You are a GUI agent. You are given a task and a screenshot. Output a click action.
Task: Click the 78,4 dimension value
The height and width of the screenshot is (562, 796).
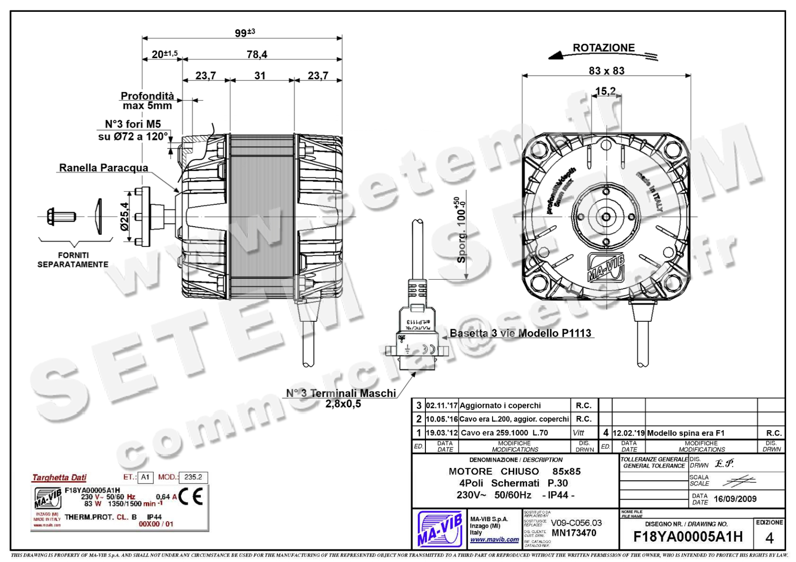pyautogui.click(x=257, y=54)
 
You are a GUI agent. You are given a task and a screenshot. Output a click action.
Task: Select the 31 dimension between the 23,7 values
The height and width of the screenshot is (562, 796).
pyautogui.click(x=260, y=76)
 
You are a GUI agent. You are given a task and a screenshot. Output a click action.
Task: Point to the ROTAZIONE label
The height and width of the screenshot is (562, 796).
pyautogui.click(x=603, y=48)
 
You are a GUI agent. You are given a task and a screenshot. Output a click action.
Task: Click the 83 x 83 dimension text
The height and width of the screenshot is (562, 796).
pyautogui.click(x=606, y=71)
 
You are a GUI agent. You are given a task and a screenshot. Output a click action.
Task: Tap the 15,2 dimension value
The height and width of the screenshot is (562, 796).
pyautogui.click(x=606, y=91)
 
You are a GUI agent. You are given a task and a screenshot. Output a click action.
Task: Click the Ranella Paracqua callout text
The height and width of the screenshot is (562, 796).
pyautogui.click(x=103, y=168)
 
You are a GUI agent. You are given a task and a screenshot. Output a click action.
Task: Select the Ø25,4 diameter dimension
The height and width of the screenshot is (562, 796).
pyautogui.click(x=124, y=216)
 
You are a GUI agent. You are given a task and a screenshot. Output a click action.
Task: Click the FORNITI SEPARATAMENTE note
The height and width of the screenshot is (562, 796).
pyautogui.click(x=73, y=260)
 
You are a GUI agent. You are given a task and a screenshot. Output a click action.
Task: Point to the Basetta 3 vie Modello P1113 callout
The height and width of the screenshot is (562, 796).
pyautogui.click(x=520, y=333)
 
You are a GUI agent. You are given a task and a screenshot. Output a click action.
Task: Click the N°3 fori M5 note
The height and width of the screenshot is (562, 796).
pyautogui.click(x=133, y=124)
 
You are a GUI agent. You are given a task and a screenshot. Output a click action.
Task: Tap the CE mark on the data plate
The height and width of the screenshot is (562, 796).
pyautogui.click(x=190, y=497)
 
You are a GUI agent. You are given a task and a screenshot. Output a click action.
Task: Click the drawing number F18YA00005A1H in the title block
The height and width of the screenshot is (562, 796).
pyautogui.click(x=688, y=537)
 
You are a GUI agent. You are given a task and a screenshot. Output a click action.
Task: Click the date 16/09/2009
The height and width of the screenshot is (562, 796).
pyautogui.click(x=735, y=499)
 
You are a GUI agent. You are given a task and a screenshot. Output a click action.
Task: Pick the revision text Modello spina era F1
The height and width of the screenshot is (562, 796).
pyautogui.click(x=685, y=433)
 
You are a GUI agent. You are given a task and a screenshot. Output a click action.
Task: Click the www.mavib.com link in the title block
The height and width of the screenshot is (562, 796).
pyautogui.click(x=494, y=540)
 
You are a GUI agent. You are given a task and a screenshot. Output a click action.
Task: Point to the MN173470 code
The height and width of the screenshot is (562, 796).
pyautogui.click(x=574, y=533)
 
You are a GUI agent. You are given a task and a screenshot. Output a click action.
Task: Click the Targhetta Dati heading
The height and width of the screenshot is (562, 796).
pyautogui.click(x=59, y=477)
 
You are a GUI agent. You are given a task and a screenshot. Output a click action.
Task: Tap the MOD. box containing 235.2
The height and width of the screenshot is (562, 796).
pyautogui.click(x=193, y=477)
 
